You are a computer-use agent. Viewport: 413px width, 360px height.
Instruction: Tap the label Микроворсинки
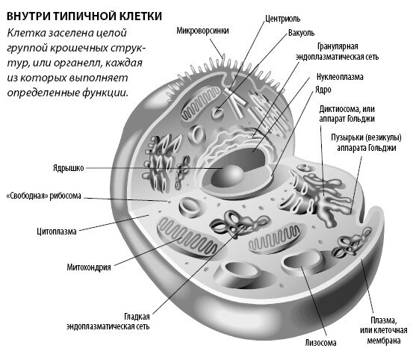click(202, 31)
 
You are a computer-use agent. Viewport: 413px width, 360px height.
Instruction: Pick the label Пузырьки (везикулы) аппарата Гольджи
click(368, 142)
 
